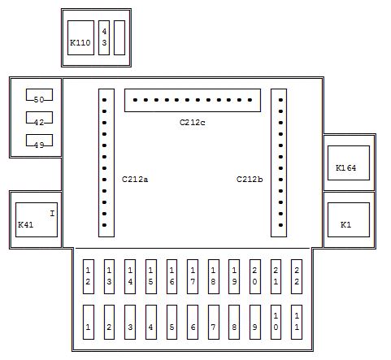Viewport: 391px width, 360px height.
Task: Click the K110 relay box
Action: (80, 37)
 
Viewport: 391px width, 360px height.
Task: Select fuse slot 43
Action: (104, 37)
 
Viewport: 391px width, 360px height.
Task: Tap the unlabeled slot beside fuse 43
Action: (119, 37)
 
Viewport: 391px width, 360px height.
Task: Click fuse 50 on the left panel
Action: (39, 95)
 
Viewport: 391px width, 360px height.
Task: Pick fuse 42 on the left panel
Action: (39, 118)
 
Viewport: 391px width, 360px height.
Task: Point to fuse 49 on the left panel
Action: (39, 141)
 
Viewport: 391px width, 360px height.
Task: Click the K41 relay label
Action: (25, 224)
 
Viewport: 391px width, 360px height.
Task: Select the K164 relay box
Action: (349, 163)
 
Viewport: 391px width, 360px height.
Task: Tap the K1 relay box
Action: (349, 219)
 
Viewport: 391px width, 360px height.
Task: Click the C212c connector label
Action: (193, 123)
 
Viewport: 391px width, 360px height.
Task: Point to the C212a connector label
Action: (135, 180)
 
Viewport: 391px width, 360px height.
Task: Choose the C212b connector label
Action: (250, 180)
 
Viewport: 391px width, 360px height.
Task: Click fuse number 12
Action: (89, 276)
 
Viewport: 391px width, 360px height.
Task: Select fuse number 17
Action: (193, 276)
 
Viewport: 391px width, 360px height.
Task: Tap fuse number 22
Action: (297, 276)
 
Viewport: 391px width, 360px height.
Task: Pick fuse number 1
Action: (89, 322)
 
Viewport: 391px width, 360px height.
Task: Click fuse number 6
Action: (193, 322)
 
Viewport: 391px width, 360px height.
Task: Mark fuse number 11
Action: (297, 322)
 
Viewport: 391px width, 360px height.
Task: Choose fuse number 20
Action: (255, 276)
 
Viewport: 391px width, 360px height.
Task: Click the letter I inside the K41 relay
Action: (52, 214)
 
